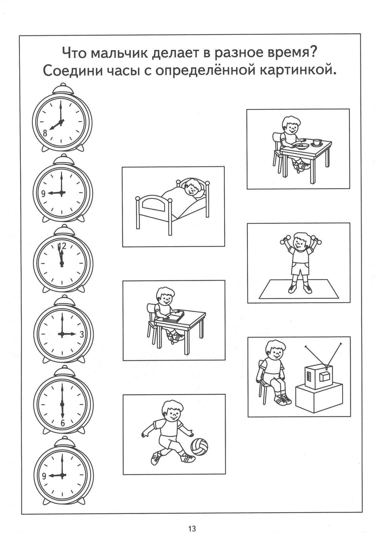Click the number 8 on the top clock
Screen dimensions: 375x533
pyautogui.click(x=45, y=133)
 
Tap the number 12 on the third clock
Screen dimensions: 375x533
pyautogui.click(x=62, y=245)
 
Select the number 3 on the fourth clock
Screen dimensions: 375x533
pyautogui.click(x=82, y=334)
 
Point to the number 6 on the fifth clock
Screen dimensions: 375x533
pyautogui.click(x=63, y=423)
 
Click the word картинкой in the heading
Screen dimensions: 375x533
pyautogui.click(x=295, y=71)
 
